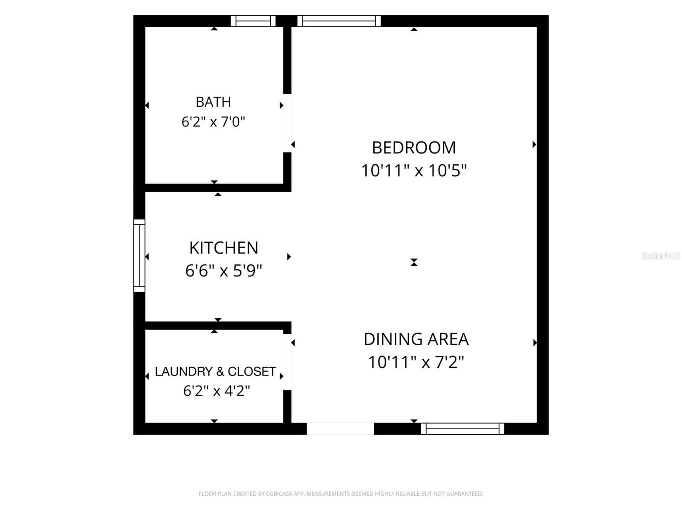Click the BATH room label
click(213, 102)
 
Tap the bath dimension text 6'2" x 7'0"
click(213, 122)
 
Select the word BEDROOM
click(414, 148)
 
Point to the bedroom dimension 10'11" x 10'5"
click(414, 171)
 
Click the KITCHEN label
click(224, 248)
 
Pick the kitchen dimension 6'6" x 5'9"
click(224, 271)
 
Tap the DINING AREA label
click(416, 339)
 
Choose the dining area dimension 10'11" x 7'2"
click(416, 362)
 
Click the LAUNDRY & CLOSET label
click(215, 371)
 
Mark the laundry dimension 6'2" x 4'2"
click(217, 391)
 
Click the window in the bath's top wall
click(253, 21)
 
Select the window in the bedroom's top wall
click(339, 21)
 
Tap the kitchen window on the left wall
click(139, 255)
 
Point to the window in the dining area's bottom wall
click(462, 429)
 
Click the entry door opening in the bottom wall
click(340, 429)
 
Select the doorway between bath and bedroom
click(287, 123)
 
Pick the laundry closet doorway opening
click(287, 362)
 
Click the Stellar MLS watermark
click(661, 256)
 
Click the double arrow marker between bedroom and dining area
click(414, 262)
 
